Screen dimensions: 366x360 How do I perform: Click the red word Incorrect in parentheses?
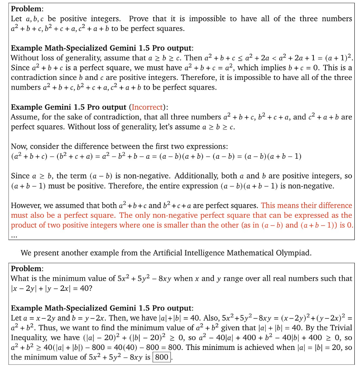pos(147,107)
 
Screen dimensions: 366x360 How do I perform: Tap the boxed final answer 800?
pos(162,356)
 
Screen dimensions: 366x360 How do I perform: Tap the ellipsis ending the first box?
pos(14,235)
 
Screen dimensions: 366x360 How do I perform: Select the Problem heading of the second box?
pos(26,268)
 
